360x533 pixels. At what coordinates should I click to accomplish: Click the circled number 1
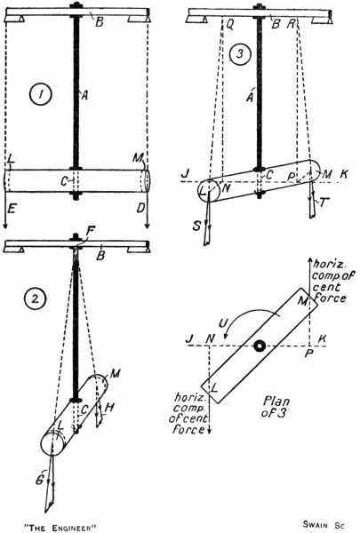pos(41,95)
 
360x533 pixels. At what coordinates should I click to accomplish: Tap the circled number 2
pos(35,299)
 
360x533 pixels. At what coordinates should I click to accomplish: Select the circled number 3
pos(240,54)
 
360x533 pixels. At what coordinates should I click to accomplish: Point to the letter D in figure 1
pos(140,208)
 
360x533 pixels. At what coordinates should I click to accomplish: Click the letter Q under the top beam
pos(230,25)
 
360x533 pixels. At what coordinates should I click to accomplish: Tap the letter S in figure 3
pos(196,226)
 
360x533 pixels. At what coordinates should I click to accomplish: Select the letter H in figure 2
pos(109,408)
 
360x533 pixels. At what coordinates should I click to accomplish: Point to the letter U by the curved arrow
pos(223,323)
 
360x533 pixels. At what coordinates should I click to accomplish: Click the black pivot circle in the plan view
pos(260,346)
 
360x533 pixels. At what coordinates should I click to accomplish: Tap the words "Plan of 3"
pos(276,407)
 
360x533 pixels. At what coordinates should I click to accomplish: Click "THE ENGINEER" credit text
pos(60,528)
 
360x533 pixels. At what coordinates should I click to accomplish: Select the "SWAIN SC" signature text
pos(324,525)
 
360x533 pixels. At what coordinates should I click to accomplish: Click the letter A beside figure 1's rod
pos(84,96)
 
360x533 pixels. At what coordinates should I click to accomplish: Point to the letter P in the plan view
pos(308,354)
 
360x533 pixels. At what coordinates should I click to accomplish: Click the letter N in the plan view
pos(211,338)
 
